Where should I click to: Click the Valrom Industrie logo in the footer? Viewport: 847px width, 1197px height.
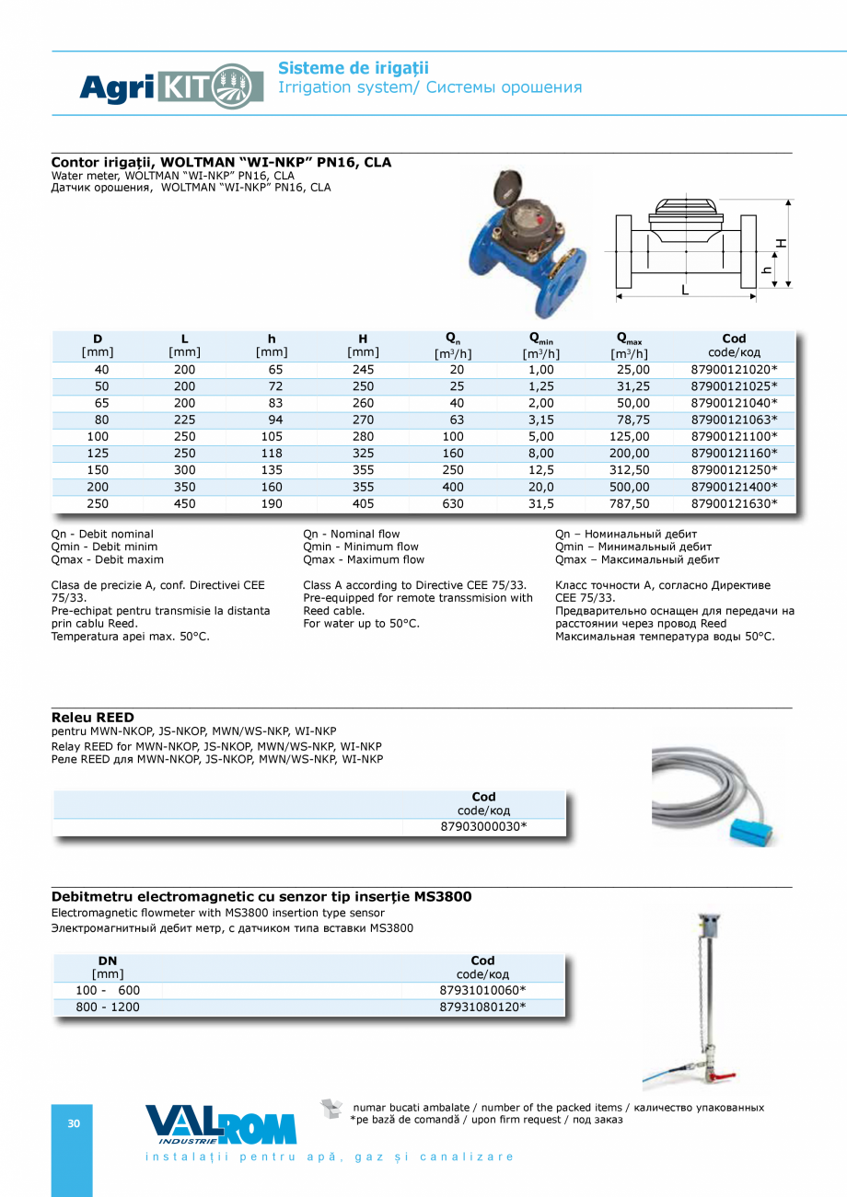(221, 1124)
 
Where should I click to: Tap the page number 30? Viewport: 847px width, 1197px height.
(74, 1123)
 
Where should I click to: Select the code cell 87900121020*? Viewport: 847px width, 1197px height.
(734, 370)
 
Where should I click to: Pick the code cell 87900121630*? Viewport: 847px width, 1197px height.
(734, 503)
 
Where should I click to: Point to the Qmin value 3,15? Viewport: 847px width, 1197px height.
(540, 420)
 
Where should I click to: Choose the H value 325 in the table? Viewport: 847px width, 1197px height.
(363, 454)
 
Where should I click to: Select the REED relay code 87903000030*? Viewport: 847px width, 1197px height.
(483, 827)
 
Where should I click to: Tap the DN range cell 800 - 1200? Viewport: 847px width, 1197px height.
(108, 1007)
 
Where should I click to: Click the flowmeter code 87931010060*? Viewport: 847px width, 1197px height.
(482, 990)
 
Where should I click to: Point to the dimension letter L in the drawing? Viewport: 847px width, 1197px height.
(685, 290)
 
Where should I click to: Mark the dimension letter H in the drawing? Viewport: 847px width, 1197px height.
(781, 243)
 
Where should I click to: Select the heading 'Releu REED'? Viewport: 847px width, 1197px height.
(93, 718)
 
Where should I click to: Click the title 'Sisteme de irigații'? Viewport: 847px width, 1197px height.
(354, 68)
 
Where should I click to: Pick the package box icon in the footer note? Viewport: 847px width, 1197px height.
(331, 1109)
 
